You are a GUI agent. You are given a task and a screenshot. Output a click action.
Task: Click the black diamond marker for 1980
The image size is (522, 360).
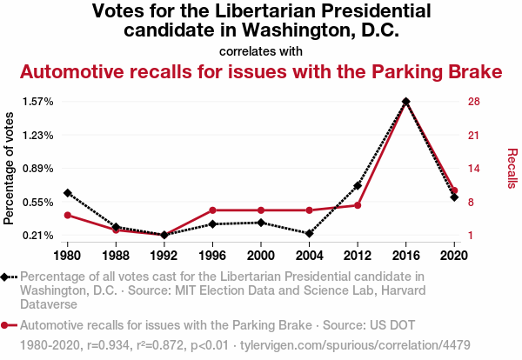(67, 192)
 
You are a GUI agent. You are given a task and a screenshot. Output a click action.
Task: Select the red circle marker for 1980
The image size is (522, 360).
(67, 215)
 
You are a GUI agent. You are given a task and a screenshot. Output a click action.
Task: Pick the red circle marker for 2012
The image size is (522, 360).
(358, 205)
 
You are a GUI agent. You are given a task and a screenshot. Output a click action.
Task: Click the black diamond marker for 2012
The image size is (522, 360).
(358, 185)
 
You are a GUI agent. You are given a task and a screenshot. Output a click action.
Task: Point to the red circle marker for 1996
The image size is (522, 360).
(212, 210)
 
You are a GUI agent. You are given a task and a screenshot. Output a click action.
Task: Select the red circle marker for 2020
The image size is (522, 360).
(454, 190)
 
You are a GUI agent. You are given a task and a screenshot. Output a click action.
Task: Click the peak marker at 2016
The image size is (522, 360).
(405, 102)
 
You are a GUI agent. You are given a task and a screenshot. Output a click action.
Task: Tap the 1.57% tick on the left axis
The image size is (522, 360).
(37, 102)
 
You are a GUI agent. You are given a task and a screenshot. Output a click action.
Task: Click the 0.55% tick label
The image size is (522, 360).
(37, 203)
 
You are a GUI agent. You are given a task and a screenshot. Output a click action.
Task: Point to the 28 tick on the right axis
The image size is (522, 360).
(474, 102)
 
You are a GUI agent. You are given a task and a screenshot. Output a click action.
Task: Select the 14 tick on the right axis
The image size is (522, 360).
(474, 169)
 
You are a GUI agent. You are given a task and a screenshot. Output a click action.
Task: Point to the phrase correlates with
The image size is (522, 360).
(261, 50)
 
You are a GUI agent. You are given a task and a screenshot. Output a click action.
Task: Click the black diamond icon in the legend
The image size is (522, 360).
(7, 277)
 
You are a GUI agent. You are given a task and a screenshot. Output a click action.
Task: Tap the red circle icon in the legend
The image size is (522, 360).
(7, 325)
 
